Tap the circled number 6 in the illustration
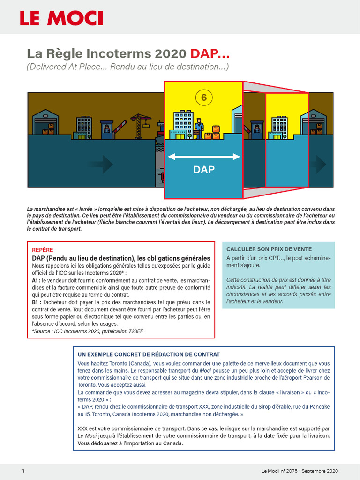click(203, 97)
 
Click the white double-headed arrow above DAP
click(203, 157)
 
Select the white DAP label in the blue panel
click(203, 170)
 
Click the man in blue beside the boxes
click(199, 128)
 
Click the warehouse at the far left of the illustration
click(45, 123)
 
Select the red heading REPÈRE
click(42, 250)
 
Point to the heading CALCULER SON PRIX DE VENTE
click(269, 249)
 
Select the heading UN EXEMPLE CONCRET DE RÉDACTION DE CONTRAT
click(149, 354)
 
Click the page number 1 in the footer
click(22, 470)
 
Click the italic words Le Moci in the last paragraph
click(87, 435)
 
